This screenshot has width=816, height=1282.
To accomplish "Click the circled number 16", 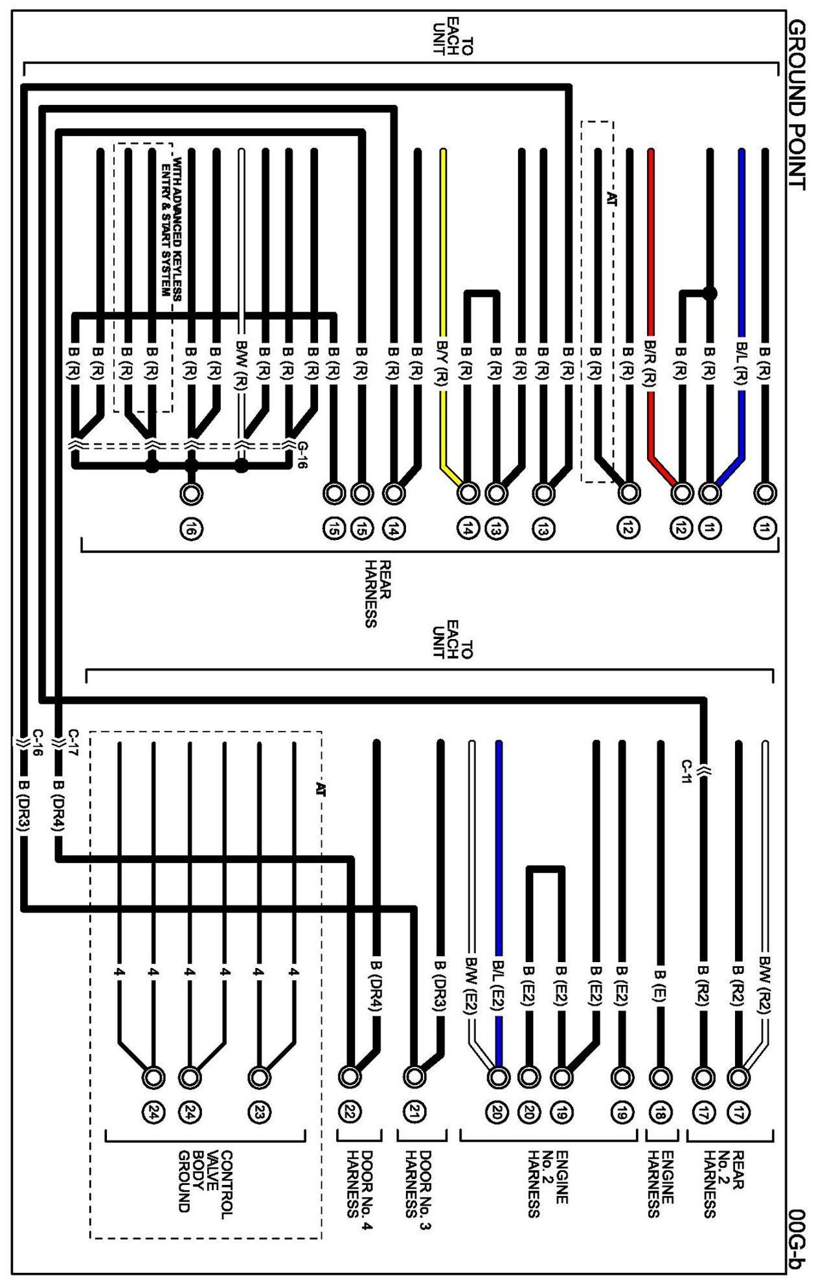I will [x=191, y=530].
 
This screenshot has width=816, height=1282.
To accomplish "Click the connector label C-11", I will [x=688, y=770].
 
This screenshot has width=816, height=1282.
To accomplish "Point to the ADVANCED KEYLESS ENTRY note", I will [x=170, y=227].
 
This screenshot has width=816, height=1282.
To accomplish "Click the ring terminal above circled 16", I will [x=191, y=493].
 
